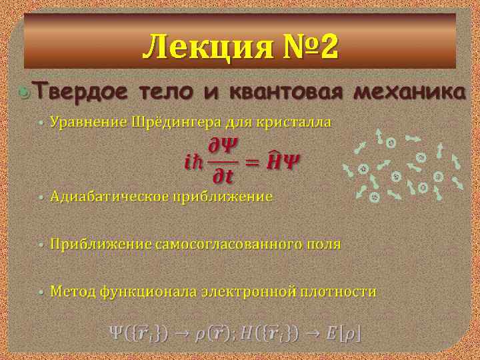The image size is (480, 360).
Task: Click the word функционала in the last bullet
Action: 152,292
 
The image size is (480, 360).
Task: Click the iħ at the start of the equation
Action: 191,162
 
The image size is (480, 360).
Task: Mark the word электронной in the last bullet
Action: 257,292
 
